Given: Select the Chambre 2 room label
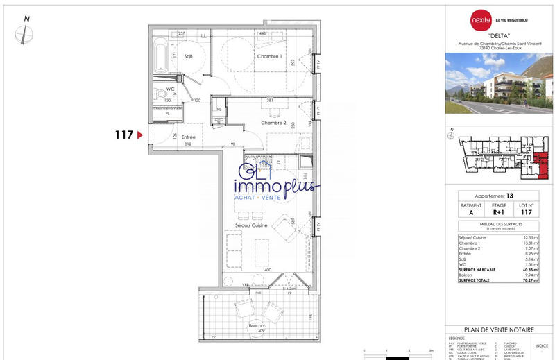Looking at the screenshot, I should (x=274, y=122).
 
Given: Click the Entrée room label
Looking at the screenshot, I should (x=188, y=137).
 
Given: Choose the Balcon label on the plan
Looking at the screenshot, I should (x=258, y=325).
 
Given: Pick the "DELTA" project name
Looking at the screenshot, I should (x=499, y=35).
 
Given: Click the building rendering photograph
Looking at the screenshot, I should (x=499, y=83).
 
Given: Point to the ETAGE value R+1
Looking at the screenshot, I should (x=499, y=213).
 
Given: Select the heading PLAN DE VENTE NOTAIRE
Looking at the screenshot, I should (x=499, y=330).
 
